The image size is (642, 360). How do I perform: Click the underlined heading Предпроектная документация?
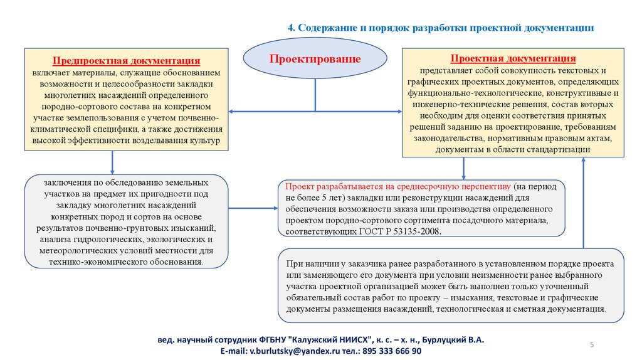click(126, 61)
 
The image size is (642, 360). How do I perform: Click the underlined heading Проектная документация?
click(513, 58)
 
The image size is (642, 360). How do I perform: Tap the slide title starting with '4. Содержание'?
click(440, 28)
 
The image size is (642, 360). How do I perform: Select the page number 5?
click(592, 345)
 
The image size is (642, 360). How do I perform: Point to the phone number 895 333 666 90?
click(388, 351)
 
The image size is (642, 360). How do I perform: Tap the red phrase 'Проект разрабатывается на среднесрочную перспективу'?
click(397, 187)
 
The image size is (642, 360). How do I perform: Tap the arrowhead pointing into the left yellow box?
click(231, 112)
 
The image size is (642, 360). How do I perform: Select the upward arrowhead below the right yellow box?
click(583, 161)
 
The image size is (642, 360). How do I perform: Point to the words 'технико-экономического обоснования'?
click(126, 261)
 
